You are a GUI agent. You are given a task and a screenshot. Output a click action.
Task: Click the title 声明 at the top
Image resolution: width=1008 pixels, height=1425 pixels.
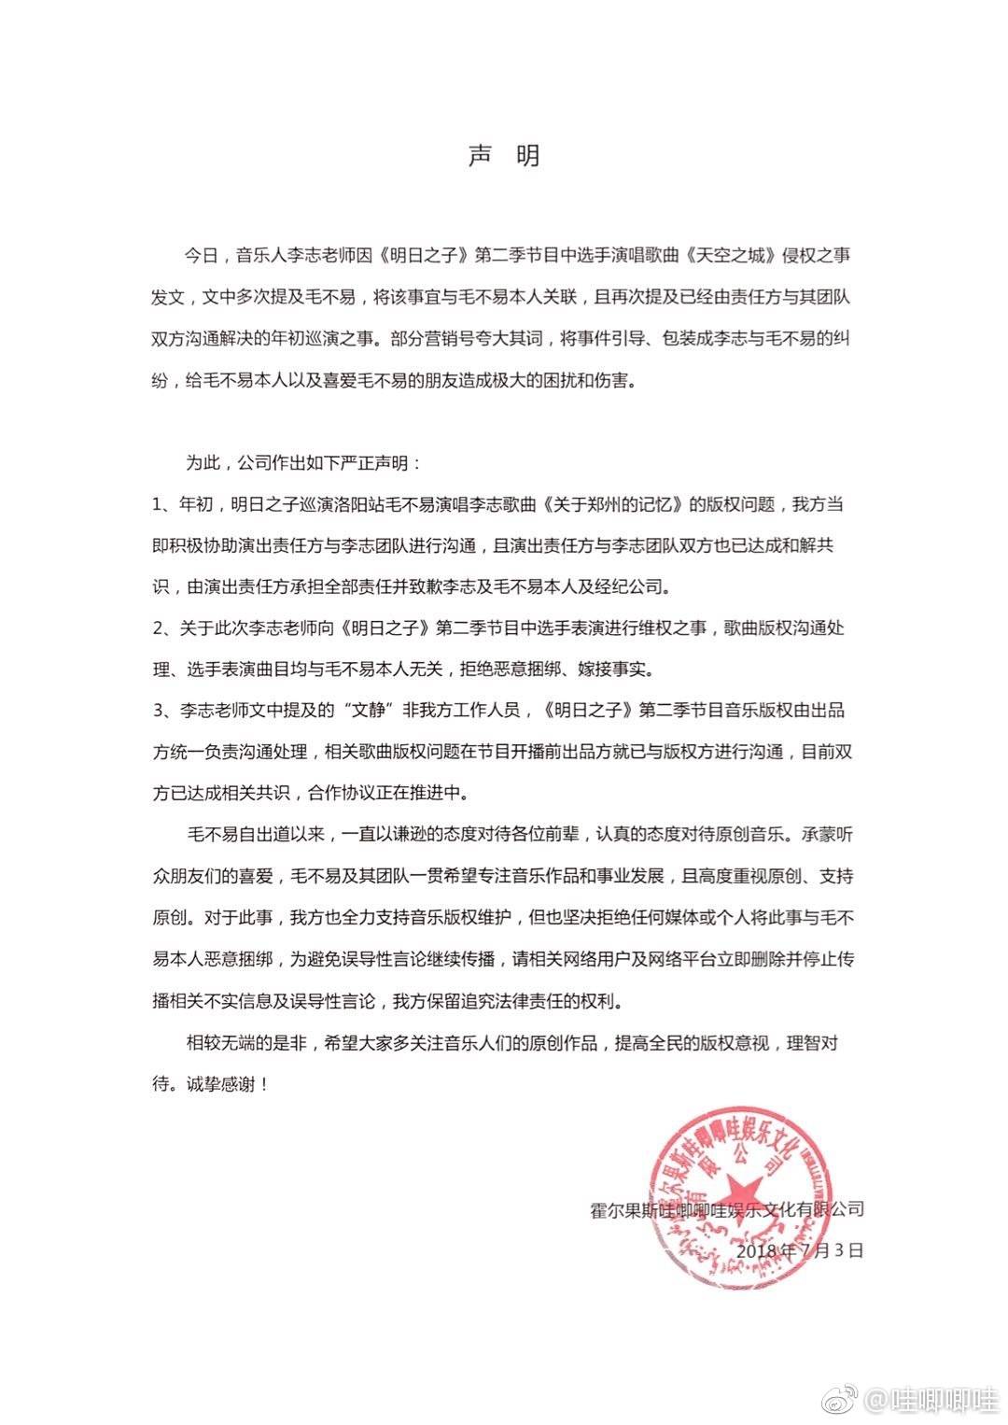[x=504, y=156]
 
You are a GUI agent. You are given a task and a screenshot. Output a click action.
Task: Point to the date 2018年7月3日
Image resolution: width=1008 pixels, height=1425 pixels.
[x=800, y=1249]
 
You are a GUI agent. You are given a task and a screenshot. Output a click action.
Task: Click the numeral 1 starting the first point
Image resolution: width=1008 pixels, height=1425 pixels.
[x=160, y=505]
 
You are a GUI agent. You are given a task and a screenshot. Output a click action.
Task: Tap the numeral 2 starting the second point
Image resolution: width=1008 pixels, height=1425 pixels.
[x=160, y=628]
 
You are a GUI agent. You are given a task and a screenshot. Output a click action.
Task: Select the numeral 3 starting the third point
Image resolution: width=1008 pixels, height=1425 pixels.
[x=160, y=711]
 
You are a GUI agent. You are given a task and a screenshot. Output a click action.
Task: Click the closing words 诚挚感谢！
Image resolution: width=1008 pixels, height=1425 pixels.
[x=224, y=1085]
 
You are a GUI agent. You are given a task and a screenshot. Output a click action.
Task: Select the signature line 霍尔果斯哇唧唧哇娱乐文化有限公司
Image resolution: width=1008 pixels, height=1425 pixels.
[x=727, y=1209]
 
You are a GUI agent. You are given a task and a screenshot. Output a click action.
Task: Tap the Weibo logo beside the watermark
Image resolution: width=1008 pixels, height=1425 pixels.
[x=847, y=1398]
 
